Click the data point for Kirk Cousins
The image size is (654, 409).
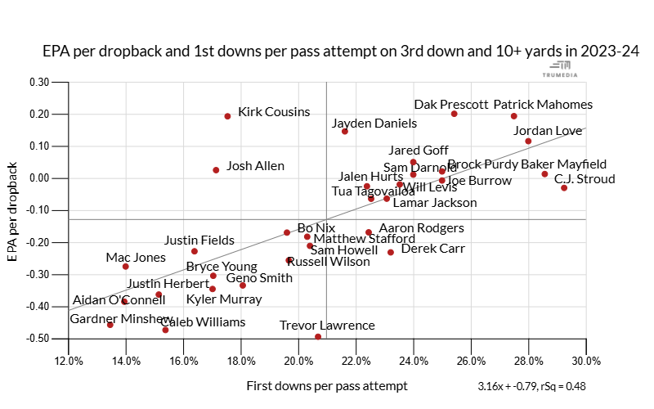tap(227, 116)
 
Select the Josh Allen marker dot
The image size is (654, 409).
tap(216, 170)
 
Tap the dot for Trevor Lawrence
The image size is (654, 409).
tap(318, 336)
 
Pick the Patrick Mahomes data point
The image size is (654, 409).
tap(513, 116)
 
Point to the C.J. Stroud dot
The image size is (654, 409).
tap(564, 188)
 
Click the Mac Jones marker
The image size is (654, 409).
tap(126, 267)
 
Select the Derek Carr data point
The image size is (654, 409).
tap(391, 252)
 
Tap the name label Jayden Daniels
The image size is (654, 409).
tap(374, 124)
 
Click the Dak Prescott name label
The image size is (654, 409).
tap(451, 105)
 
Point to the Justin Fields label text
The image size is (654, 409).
tap(199, 240)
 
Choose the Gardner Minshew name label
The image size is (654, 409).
tap(120, 319)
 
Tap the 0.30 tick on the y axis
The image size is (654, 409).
tap(38, 82)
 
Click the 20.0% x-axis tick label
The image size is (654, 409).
tap(299, 362)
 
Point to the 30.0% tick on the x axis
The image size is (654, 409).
tap(586, 362)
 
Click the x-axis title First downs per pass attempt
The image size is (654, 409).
tap(326, 385)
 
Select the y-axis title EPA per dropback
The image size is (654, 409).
tap(13, 212)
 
